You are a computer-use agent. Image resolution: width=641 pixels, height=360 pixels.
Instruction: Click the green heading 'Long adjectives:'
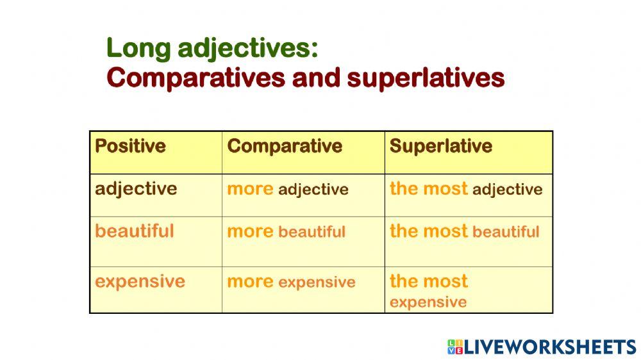point(212,48)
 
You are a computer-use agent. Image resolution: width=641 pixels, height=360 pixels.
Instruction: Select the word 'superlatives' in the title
point(426,78)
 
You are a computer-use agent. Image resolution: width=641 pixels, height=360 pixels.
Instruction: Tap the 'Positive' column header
point(130,146)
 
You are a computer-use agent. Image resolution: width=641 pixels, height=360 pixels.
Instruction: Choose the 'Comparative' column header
point(285,146)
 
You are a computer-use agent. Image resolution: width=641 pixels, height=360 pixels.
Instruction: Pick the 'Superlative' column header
point(440,146)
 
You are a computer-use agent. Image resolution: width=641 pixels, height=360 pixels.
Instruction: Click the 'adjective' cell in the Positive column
point(136,189)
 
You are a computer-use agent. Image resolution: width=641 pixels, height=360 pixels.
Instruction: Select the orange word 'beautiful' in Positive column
point(135,231)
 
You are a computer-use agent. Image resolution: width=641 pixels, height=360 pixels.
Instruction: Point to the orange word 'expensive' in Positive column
point(140,281)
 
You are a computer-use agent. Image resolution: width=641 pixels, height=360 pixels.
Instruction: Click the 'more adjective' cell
point(288,189)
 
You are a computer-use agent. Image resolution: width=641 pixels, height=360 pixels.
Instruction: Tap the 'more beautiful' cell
point(286,231)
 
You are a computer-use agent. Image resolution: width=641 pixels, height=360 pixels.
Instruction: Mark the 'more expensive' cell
point(291,282)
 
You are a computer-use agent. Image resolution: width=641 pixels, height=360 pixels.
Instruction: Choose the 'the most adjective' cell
point(466,189)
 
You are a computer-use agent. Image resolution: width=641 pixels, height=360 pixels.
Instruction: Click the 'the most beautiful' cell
point(464,231)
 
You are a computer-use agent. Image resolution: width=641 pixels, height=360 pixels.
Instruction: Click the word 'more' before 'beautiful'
point(250,231)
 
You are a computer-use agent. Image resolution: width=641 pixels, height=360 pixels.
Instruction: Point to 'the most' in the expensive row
point(429,281)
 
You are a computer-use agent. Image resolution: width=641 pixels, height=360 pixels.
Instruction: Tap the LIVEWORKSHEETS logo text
point(550,347)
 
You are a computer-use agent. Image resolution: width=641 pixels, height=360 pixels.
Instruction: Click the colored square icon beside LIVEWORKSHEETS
point(455,347)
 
